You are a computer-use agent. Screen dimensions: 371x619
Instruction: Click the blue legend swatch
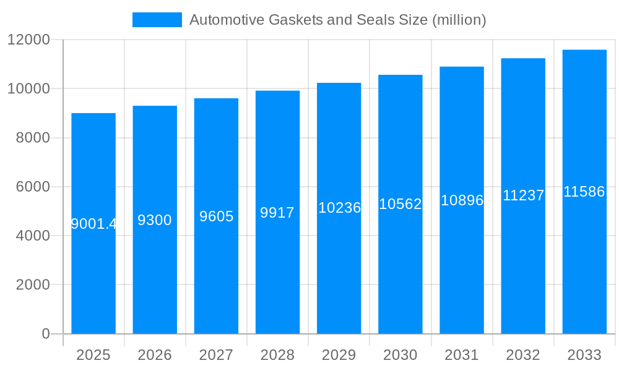[x=157, y=20]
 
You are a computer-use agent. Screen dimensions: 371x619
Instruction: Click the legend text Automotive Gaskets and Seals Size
[x=337, y=20]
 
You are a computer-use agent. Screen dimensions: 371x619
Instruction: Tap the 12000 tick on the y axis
[x=28, y=40]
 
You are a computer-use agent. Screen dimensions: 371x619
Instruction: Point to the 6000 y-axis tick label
[x=32, y=187]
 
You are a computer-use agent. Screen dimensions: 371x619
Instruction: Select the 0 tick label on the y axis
[x=45, y=334]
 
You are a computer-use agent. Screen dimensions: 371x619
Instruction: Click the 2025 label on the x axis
[x=93, y=355]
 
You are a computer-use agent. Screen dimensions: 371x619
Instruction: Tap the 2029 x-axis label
[x=339, y=355]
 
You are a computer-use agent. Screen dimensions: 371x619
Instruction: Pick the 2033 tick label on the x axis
[x=584, y=355]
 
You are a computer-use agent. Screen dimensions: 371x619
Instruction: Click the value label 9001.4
[x=93, y=224]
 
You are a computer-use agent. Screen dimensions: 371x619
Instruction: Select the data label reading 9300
[x=155, y=220]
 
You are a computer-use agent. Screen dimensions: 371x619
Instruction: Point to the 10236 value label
[x=339, y=208]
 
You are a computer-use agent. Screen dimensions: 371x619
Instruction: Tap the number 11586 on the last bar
[x=584, y=192]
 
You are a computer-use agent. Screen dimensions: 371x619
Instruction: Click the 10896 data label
[x=462, y=200]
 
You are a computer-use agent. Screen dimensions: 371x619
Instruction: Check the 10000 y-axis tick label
[x=28, y=89]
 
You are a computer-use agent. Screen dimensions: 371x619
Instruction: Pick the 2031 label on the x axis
[x=462, y=355]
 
